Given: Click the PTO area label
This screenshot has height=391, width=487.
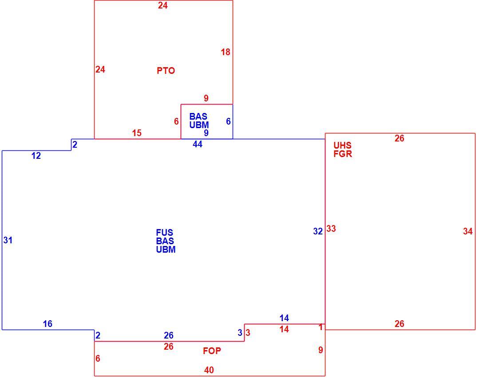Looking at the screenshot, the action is [x=166, y=71].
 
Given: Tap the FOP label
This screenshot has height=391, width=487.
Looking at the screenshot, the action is [x=212, y=351].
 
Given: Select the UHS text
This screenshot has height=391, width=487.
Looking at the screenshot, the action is [x=343, y=145].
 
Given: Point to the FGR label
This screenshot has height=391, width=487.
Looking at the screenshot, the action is [x=343, y=154].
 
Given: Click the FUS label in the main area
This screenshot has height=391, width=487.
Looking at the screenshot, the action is [x=165, y=233].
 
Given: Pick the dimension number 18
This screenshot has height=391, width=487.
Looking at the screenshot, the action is [x=226, y=52].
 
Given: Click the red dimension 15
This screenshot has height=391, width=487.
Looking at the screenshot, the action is [x=137, y=133].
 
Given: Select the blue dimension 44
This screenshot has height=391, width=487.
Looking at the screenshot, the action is [x=198, y=144].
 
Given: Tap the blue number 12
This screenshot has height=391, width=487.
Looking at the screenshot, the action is [x=36, y=156].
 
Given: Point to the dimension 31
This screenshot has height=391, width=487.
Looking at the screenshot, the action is [x=8, y=240].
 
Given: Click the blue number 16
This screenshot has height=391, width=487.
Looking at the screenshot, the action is [x=48, y=324].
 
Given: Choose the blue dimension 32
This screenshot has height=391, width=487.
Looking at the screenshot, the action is [x=318, y=231].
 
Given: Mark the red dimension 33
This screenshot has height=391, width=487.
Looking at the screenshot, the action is [x=331, y=229].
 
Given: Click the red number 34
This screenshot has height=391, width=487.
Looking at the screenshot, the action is [x=468, y=231].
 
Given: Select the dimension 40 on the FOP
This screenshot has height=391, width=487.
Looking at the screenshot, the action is [x=209, y=370].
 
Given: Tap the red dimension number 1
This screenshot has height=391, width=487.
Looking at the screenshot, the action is [x=321, y=327].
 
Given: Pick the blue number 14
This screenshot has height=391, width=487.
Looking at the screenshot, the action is [x=284, y=318].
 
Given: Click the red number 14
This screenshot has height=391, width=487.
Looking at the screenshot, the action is [x=284, y=329].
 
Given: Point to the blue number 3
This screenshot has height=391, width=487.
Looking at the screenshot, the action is [x=240, y=332].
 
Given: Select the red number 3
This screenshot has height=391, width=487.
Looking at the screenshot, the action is [x=248, y=332].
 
